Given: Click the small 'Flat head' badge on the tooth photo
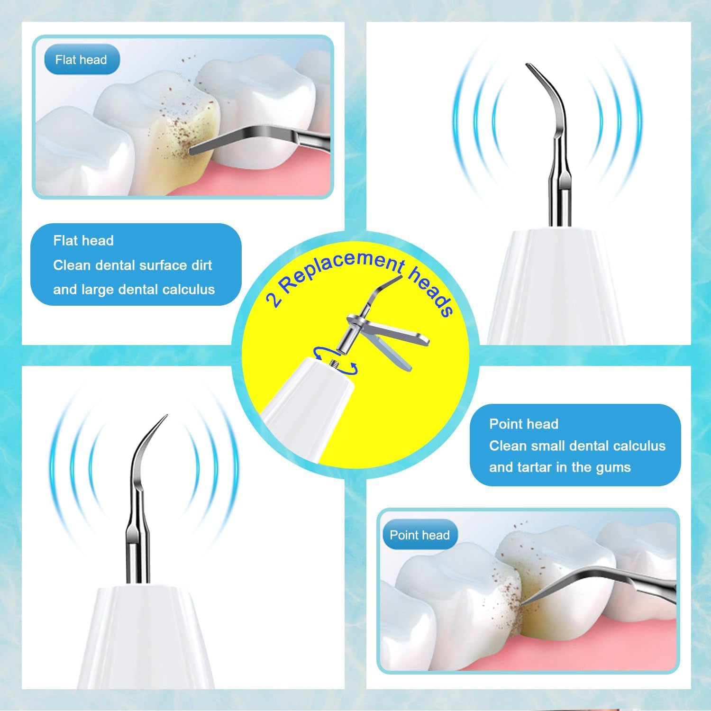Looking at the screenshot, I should (x=81, y=60).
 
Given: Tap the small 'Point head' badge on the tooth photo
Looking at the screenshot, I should (x=419, y=535).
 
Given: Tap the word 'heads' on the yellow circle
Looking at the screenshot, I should (x=431, y=292).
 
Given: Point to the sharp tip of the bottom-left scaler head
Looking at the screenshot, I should (x=164, y=418).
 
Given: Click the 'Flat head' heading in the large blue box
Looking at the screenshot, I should (x=83, y=240).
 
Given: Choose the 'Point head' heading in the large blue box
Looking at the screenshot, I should (x=524, y=424).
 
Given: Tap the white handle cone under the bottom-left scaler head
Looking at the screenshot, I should (x=142, y=635).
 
